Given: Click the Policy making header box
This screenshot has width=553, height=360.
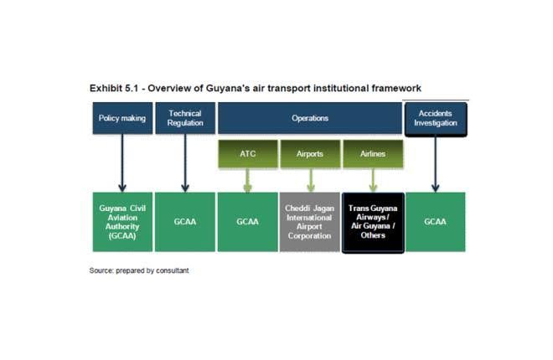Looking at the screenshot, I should pyautogui.click(x=122, y=118).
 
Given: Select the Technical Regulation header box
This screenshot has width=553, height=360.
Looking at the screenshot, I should pyautogui.click(x=185, y=118).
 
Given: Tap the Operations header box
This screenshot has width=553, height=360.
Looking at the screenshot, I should pyautogui.click(x=309, y=118).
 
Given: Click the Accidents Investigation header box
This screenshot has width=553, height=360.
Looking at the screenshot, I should pyautogui.click(x=435, y=118).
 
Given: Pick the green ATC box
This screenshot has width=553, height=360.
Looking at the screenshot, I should pyautogui.click(x=247, y=154).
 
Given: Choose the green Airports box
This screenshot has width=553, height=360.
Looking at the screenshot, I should pyautogui.click(x=310, y=154).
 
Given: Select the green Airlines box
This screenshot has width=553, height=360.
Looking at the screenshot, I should pyautogui.click(x=373, y=154).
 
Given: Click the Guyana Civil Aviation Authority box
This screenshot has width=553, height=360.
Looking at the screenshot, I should pyautogui.click(x=122, y=222).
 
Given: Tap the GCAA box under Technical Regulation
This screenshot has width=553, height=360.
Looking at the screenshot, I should pyautogui.click(x=185, y=222).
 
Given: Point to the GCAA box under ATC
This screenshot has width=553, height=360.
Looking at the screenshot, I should pyautogui.click(x=247, y=222).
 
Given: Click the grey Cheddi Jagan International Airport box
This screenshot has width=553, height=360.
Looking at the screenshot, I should pyautogui.click(x=310, y=222).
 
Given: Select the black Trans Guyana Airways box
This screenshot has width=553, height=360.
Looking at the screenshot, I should pyautogui.click(x=373, y=222).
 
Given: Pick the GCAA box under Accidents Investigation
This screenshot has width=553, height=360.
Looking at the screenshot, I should pyautogui.click(x=435, y=222).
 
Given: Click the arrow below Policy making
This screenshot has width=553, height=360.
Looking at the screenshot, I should pyautogui.click(x=122, y=163).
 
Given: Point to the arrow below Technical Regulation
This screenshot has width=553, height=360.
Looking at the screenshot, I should pyautogui.click(x=185, y=163).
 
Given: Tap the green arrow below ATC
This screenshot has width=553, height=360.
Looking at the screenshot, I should pyautogui.click(x=247, y=180).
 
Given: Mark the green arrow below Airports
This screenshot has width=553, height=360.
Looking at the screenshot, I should pyautogui.click(x=310, y=180).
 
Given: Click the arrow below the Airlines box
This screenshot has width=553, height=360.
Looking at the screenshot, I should pyautogui.click(x=373, y=180).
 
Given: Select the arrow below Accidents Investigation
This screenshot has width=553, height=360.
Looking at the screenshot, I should pyautogui.click(x=435, y=163).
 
